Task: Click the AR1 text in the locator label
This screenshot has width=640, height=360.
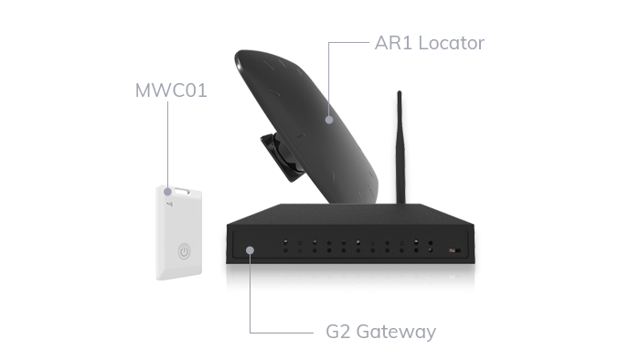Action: click(389, 43)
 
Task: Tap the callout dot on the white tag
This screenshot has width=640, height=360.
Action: click(166, 191)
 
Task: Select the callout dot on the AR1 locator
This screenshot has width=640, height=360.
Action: click(330, 119)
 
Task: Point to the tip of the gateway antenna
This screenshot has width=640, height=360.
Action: click(400, 92)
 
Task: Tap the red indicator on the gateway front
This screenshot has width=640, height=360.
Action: click(451, 249)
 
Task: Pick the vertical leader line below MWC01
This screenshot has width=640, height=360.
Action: click(166, 146)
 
